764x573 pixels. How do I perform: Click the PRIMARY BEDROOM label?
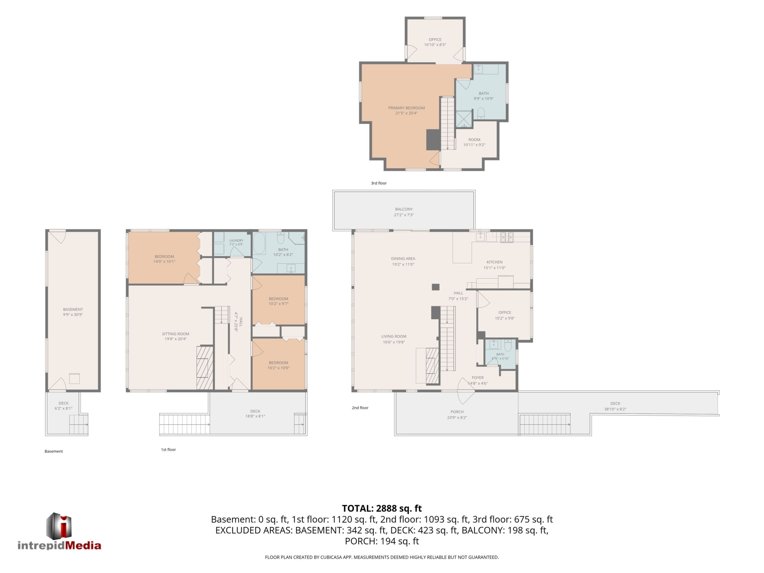click(x=406, y=108)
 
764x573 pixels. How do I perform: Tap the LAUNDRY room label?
click(x=236, y=240)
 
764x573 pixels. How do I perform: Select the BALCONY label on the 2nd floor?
click(x=404, y=209)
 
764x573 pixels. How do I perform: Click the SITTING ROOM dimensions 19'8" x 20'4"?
click(x=175, y=339)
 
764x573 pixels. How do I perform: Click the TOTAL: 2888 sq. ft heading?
click(x=382, y=508)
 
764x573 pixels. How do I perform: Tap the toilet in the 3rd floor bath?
click(x=481, y=113)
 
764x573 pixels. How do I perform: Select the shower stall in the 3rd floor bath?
click(x=464, y=119)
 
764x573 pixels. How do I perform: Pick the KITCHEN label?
click(x=494, y=262)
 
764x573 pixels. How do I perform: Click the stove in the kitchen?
click(x=507, y=237)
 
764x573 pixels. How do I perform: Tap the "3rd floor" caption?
click(x=379, y=183)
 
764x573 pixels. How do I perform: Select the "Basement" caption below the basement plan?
click(x=54, y=451)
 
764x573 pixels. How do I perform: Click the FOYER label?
click(x=478, y=377)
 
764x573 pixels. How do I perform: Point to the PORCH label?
click(x=457, y=412)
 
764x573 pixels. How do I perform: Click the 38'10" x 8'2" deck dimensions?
click(x=615, y=409)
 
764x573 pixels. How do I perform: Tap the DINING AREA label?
click(x=403, y=259)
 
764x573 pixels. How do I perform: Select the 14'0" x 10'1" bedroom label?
click(x=164, y=261)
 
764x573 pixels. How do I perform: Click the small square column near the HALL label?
click(x=436, y=287)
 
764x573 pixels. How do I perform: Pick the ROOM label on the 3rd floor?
click(x=474, y=140)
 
